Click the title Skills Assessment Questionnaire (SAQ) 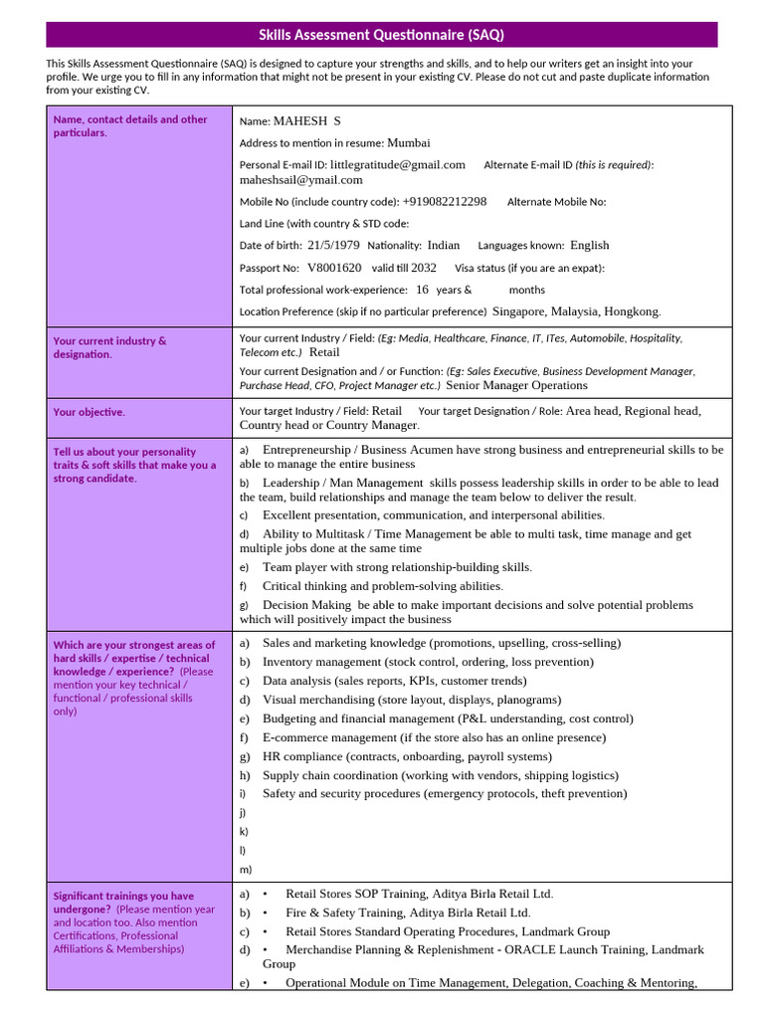click(381, 35)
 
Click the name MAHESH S click(307, 121)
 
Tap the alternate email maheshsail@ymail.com click(300, 180)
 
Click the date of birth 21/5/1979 click(333, 245)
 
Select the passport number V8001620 click(334, 268)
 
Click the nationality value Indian click(444, 245)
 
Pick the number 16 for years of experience click(422, 290)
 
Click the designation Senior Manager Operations click(516, 385)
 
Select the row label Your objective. click(90, 412)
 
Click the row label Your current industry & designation click(109, 347)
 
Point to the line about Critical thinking click(382, 586)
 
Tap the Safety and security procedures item click(444, 793)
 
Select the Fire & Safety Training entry click(408, 913)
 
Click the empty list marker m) click(246, 869)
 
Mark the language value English click(589, 245)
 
